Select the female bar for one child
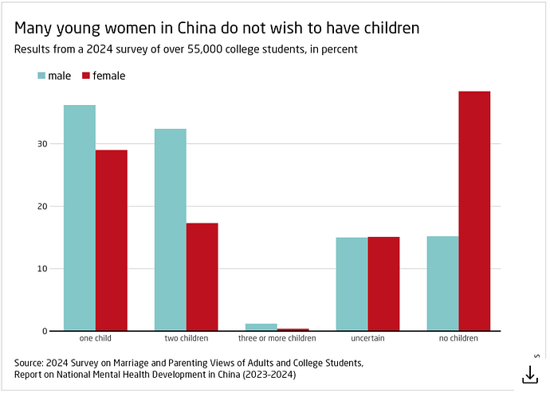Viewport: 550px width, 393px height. click(112, 239)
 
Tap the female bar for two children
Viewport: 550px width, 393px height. click(202, 276)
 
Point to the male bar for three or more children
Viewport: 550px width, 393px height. click(261, 327)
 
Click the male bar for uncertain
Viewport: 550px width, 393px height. click(352, 283)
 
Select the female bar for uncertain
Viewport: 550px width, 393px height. click(383, 283)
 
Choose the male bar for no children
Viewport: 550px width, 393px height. click(442, 282)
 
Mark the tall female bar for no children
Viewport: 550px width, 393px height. click(474, 211)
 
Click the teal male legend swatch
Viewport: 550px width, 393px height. click(41, 76)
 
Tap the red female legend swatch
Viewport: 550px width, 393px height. click(87, 76)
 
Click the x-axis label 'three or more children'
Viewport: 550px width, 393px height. click(277, 339)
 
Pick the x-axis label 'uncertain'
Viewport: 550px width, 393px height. click(367, 339)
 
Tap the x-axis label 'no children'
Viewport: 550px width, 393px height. click(458, 339)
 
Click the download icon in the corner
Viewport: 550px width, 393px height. click(528, 373)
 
